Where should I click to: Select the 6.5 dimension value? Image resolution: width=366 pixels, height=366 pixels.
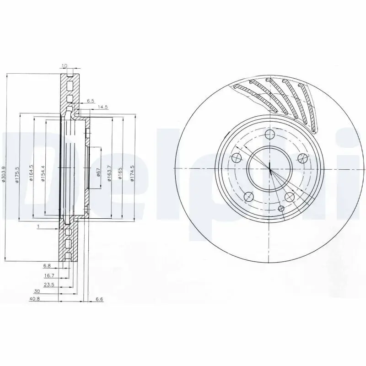(90, 101)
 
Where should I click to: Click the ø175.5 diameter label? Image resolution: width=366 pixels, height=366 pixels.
(17, 174)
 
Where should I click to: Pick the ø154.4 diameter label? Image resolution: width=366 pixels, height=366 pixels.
(43, 174)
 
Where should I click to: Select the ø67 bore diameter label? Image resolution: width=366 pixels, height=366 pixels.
(98, 172)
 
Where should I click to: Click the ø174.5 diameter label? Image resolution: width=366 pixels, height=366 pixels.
(132, 173)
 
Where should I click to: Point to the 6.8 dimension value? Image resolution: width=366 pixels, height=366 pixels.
(47, 265)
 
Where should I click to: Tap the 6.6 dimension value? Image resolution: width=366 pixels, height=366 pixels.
(99, 300)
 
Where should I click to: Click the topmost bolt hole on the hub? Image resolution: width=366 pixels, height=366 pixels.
(269, 134)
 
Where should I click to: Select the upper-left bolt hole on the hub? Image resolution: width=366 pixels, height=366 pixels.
(237, 158)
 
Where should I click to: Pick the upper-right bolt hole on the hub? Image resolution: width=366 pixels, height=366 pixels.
(302, 158)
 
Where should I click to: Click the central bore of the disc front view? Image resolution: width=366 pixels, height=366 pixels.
(269, 169)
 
